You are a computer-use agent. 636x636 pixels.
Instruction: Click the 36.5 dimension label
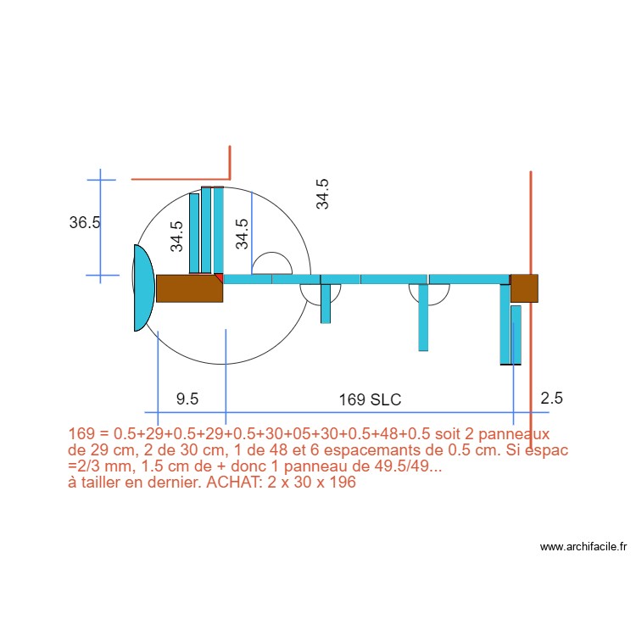(x=85, y=223)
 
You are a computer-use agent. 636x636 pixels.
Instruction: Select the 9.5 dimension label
(x=187, y=399)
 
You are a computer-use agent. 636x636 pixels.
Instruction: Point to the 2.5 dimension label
(x=551, y=398)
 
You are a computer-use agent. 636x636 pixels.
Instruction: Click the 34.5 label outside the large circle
(x=322, y=194)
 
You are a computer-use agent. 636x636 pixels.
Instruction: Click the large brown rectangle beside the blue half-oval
(x=189, y=288)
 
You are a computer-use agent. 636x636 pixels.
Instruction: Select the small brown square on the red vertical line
(x=524, y=288)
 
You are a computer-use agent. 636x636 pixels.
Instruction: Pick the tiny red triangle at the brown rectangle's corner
(x=220, y=277)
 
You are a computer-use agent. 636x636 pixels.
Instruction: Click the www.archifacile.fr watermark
(x=583, y=548)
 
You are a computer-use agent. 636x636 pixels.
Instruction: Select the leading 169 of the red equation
(x=81, y=433)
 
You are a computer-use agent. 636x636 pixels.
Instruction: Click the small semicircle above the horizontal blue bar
(x=273, y=264)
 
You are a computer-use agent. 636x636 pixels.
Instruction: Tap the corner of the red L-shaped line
(x=230, y=178)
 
